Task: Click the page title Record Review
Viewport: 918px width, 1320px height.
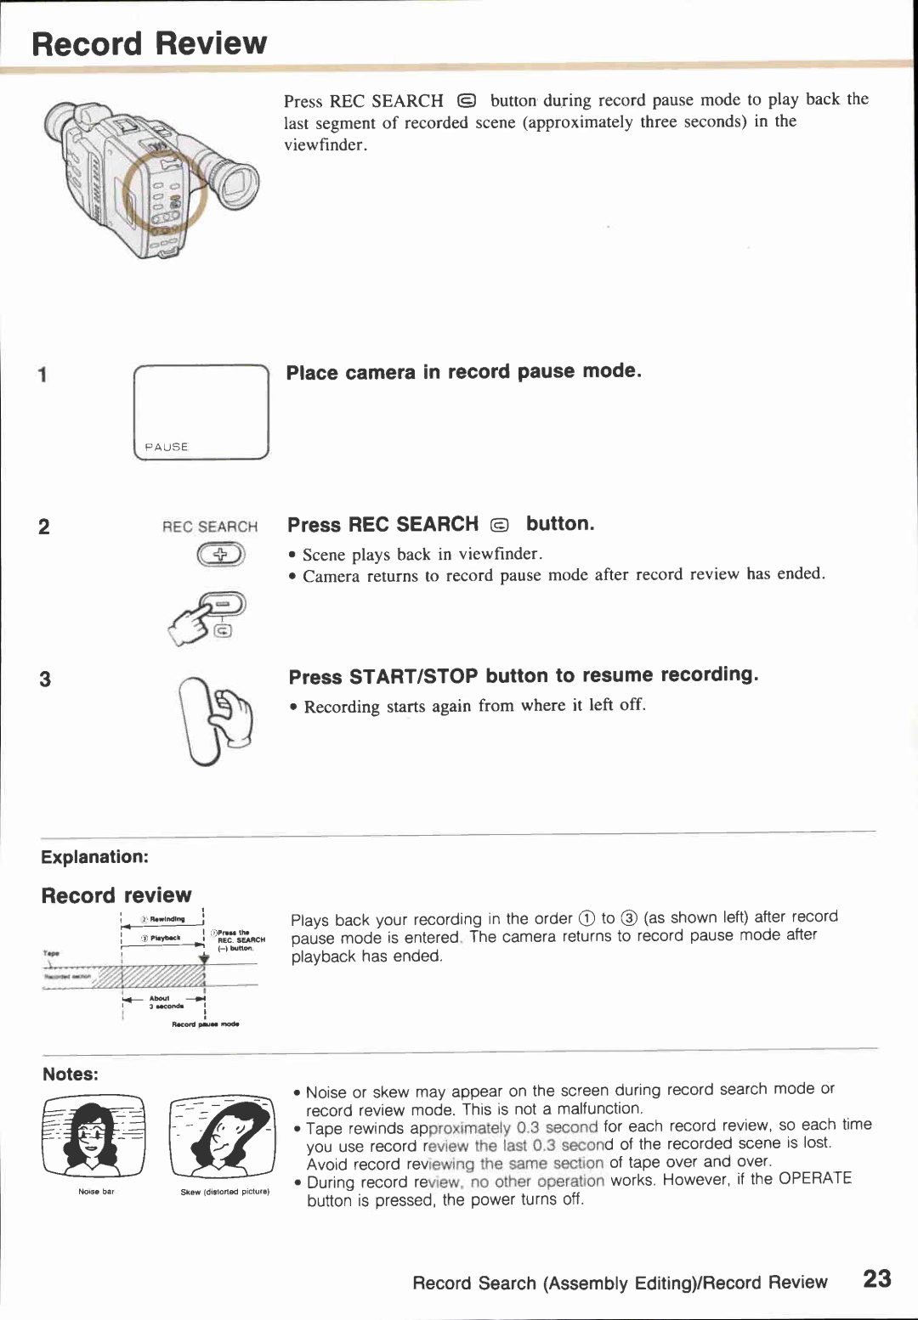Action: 150,43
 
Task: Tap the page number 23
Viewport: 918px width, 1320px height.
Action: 876,1279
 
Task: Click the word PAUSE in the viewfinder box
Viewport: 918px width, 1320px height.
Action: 167,447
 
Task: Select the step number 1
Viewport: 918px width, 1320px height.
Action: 42,375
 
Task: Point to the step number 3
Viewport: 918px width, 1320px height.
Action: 45,679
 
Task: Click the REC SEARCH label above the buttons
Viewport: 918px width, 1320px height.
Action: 210,527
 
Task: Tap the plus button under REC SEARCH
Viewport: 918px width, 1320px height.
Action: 221,556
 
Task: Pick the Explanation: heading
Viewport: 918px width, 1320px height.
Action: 94,857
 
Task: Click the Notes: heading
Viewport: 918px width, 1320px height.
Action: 71,1075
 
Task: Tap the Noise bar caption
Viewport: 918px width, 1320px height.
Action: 96,1192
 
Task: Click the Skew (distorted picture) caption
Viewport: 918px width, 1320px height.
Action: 224,1192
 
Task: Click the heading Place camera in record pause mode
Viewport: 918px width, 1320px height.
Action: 463,372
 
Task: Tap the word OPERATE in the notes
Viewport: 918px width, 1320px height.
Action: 814,1178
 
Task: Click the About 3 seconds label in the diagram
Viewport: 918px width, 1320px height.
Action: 161,1002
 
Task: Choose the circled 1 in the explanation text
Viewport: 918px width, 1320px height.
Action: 586,918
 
